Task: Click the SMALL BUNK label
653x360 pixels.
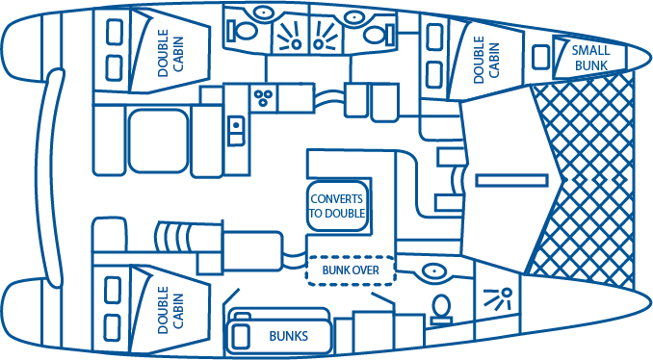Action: (590, 59)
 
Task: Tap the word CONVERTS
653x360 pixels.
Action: (336, 199)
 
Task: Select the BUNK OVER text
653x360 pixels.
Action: (351, 270)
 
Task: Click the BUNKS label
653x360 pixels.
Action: (289, 336)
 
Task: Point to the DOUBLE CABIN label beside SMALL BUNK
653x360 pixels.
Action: (486, 59)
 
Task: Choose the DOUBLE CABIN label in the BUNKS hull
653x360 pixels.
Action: (170, 310)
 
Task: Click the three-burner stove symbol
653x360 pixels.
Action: (263, 98)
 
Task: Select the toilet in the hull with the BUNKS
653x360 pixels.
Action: (441, 310)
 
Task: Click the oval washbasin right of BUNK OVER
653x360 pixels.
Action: (434, 271)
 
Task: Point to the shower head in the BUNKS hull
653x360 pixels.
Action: (498, 299)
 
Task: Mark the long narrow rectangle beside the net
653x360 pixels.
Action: (511, 181)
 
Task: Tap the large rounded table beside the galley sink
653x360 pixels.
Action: (158, 141)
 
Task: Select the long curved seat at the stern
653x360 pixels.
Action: (49, 178)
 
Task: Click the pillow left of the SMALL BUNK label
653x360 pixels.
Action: (541, 57)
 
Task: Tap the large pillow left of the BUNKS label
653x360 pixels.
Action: (240, 336)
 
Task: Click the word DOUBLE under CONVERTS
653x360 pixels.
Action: (344, 213)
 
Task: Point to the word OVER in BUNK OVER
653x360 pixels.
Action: (365, 270)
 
